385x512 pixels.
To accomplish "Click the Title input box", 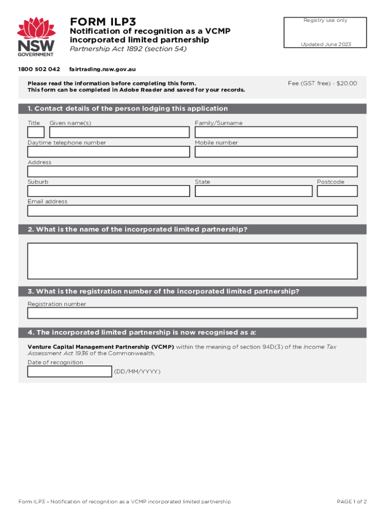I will click(36, 132).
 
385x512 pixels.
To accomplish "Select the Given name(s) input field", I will click(119, 132).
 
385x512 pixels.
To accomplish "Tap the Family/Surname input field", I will click(276, 132).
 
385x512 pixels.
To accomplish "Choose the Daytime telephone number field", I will click(108, 151).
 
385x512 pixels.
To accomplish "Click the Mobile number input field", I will click(276, 151).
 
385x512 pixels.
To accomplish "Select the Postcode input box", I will click(337, 191).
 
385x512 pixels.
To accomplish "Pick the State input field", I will click(253, 191).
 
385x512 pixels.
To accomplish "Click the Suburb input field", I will click(108, 191).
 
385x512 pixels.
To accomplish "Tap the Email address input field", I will click(192, 210).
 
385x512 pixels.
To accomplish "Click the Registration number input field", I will click(192, 313).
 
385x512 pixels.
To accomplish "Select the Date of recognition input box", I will click(69, 371).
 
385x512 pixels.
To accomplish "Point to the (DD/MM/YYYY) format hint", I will click(137, 371).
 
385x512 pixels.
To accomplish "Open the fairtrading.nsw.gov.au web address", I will click(102, 69).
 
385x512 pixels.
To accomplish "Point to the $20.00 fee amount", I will click(347, 83).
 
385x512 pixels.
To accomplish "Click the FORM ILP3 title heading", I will click(103, 22).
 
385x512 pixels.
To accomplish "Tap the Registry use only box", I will click(325, 32).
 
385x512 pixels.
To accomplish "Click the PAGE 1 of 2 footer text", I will click(352, 501).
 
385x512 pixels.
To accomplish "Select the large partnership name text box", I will click(192, 261).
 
